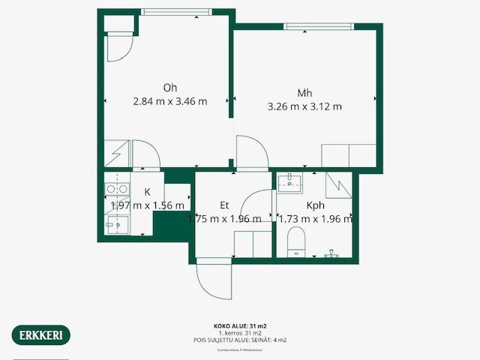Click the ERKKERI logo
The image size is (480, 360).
(x=41, y=334)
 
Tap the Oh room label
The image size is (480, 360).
(x=170, y=87)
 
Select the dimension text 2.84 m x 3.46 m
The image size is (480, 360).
(x=170, y=101)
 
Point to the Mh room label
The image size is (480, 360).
(x=304, y=93)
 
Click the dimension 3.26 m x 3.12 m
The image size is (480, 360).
(x=304, y=106)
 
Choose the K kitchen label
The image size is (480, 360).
(x=147, y=193)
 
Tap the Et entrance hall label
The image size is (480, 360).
(x=224, y=204)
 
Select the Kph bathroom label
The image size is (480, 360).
(x=315, y=204)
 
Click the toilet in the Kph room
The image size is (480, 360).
(x=297, y=243)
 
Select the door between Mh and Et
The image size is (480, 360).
(x=251, y=153)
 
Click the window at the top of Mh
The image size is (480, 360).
(x=318, y=26)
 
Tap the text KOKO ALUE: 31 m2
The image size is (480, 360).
(x=240, y=326)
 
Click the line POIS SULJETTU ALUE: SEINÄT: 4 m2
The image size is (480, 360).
(x=240, y=340)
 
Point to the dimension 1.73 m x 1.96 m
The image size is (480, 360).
(x=315, y=219)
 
